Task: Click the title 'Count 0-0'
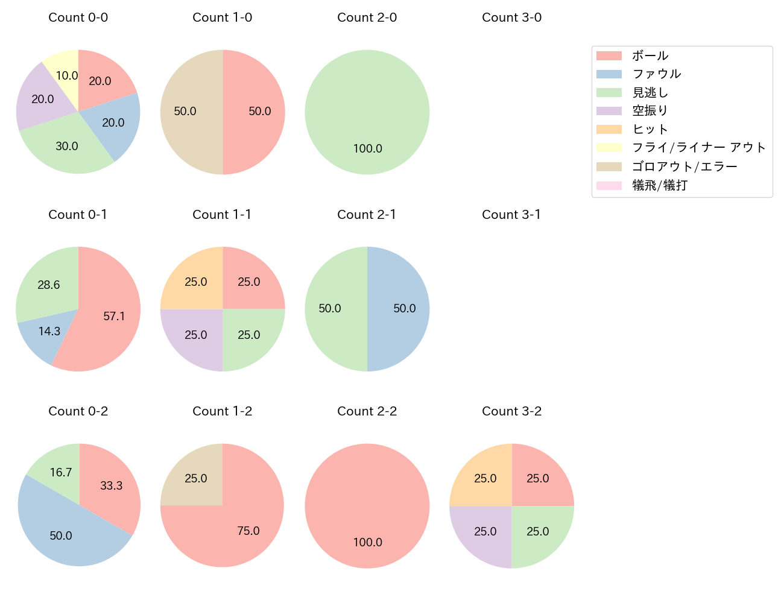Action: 78,17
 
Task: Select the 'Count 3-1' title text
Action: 511,215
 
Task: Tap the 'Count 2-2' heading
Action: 367,411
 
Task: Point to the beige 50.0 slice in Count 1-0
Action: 187,112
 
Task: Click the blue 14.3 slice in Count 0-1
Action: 45,335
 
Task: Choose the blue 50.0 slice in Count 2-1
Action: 401,309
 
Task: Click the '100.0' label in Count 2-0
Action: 367,149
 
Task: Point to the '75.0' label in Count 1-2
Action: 248,531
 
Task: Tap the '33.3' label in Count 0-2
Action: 111,486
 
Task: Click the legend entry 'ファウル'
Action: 656,74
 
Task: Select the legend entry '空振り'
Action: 650,111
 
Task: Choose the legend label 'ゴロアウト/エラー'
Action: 684,166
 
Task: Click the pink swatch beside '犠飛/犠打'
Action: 609,185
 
